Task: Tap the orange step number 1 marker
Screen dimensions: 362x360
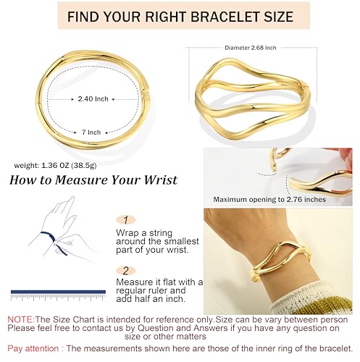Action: click(x=125, y=219)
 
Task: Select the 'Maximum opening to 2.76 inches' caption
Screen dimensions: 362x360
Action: click(x=274, y=198)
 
